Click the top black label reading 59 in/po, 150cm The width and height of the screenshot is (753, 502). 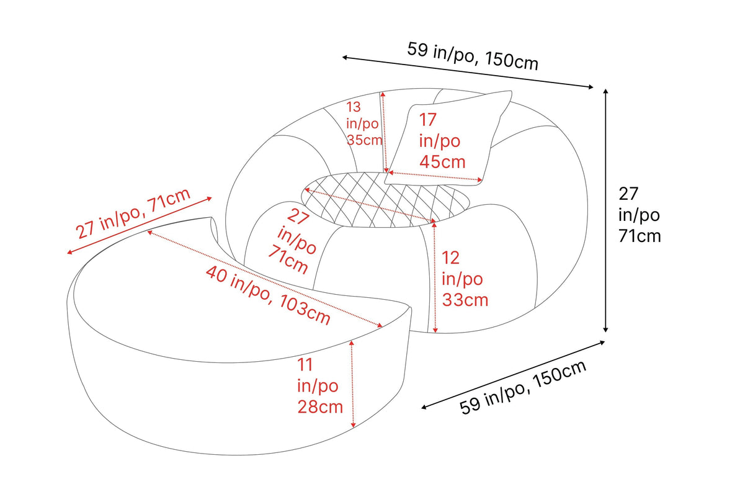coord(473,56)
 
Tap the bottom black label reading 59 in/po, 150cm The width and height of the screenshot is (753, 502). coord(523,387)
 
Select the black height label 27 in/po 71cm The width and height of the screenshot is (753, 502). coord(639,215)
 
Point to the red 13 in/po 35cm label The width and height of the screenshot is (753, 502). coord(364,123)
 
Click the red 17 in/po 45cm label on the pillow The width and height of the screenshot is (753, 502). coord(442,141)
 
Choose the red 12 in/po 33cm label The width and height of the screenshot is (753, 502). coord(465,279)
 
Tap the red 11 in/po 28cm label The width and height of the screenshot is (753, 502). coord(319,386)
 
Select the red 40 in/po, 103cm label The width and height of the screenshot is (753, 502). coord(268,295)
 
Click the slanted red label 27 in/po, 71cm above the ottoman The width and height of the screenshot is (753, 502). coord(133,213)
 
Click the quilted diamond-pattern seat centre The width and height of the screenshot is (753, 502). coord(386,200)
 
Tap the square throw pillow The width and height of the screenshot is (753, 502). coord(448,138)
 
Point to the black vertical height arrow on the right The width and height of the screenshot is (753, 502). coord(605,210)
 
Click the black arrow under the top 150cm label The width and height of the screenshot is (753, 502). coord(468,73)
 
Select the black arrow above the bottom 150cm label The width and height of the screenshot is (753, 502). coord(513,375)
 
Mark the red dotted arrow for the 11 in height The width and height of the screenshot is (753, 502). coord(352,384)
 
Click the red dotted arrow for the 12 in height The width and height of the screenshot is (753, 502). coord(435,276)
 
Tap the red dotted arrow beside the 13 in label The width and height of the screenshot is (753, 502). coord(385,132)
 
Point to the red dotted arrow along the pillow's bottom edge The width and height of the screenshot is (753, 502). coord(435,176)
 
